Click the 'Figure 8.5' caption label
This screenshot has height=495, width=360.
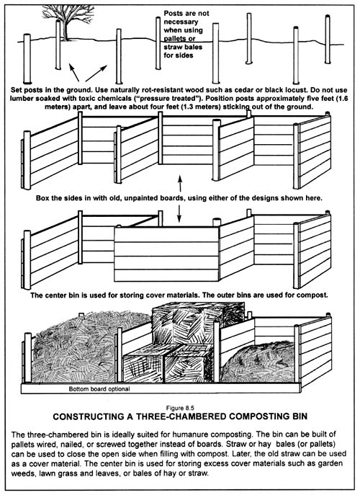click(180, 409)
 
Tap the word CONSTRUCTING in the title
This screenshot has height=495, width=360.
click(93, 416)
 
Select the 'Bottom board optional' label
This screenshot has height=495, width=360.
click(99, 389)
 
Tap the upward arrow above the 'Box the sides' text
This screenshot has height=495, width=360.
click(180, 184)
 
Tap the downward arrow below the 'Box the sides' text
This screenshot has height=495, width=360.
click(179, 213)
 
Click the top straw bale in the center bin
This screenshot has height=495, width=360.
click(197, 323)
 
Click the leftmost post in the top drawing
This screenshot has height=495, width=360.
click(27, 58)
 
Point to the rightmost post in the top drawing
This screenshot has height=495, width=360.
click(328, 39)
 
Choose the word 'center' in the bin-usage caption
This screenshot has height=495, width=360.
click(55, 295)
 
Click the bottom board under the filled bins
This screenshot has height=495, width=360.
click(161, 388)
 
